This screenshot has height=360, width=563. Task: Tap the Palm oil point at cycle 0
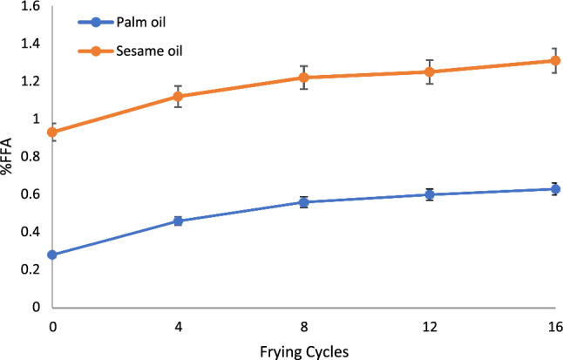52,255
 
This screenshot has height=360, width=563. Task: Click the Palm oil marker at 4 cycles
178,221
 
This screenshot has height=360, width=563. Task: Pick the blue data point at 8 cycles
304,202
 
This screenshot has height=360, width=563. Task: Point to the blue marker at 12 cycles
430,194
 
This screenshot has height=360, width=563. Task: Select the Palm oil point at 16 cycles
555,189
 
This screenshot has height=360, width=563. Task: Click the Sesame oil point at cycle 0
52,132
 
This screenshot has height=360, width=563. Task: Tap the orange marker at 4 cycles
178,97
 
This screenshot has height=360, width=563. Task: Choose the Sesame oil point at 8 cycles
304,78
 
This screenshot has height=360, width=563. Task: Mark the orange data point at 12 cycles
430,71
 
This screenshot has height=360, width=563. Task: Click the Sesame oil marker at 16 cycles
555,61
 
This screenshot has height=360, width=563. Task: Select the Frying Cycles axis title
303,350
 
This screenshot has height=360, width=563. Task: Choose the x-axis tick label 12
430,325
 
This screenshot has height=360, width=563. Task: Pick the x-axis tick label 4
178,325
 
